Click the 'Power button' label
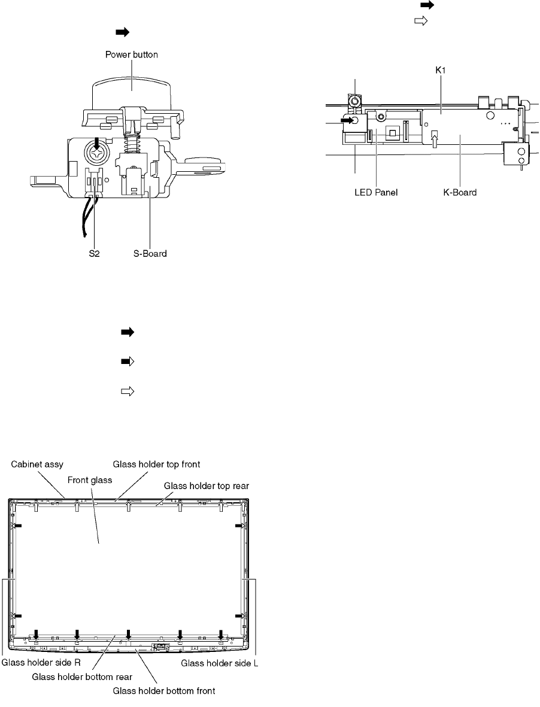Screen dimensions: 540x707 click(131, 54)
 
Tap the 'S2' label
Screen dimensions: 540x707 click(94, 253)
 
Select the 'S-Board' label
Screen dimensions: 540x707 click(150, 253)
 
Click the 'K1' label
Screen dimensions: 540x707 click(441, 70)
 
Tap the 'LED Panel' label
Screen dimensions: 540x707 click(376, 193)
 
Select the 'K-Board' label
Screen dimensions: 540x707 click(460, 193)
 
